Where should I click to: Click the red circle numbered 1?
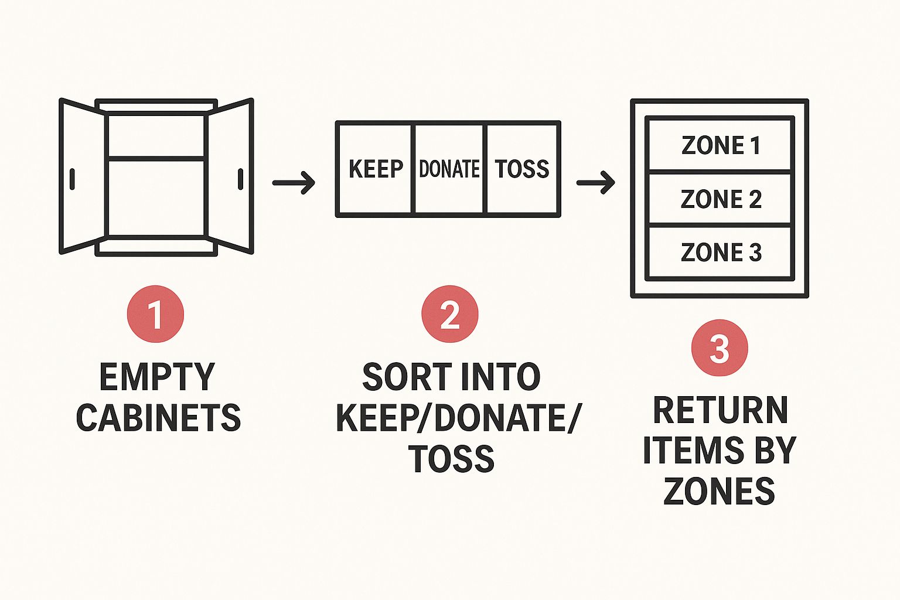coord(155,313)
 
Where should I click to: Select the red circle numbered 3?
coord(719,348)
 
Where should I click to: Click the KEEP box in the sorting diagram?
coord(376,169)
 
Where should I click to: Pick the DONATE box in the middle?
coord(449,169)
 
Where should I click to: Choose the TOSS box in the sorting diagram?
coord(522,169)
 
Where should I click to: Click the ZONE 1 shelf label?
coord(720,145)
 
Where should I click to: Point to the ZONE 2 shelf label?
coord(720,199)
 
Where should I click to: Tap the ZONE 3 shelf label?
coord(720,252)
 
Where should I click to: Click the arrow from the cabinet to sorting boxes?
coord(294,183)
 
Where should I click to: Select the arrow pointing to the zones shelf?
coord(595,183)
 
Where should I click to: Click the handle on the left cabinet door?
coord(72,179)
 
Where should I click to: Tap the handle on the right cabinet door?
coord(240,179)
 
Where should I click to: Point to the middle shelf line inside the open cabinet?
coord(156,158)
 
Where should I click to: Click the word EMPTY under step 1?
coord(157,377)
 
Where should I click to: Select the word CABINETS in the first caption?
coord(158,418)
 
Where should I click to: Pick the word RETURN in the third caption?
coord(720,410)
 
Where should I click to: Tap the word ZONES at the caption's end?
coord(719,491)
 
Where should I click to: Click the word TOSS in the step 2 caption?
coord(451,458)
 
